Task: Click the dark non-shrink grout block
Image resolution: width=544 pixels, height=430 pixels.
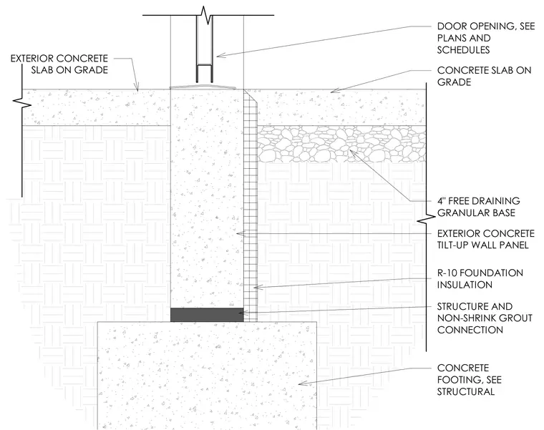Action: tap(207, 315)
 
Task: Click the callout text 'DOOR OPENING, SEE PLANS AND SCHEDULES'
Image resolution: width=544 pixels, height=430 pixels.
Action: tap(486, 38)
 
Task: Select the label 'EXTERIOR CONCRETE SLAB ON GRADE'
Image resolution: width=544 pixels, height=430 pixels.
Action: tap(59, 64)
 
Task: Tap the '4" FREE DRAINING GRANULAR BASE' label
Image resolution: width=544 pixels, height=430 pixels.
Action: tap(478, 207)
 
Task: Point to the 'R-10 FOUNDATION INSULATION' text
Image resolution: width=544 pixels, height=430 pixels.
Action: tap(480, 279)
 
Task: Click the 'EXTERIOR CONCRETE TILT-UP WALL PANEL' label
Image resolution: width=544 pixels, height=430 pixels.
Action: tap(486, 239)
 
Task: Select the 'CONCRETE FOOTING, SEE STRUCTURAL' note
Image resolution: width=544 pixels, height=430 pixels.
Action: tap(469, 380)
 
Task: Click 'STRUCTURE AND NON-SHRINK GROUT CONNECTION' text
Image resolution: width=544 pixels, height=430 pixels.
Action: tap(485, 318)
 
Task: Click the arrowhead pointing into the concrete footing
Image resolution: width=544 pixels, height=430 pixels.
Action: tap(303, 383)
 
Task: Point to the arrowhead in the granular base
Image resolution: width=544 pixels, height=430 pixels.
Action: tap(353, 152)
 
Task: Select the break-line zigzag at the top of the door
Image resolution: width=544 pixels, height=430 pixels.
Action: tap(206, 16)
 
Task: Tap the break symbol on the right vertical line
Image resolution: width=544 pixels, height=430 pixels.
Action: tap(426, 219)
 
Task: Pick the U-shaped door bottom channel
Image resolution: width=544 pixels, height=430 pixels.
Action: tap(205, 74)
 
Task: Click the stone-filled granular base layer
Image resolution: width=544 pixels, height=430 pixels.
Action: tap(341, 144)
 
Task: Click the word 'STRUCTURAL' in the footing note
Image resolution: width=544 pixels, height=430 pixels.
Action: tap(465, 392)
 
